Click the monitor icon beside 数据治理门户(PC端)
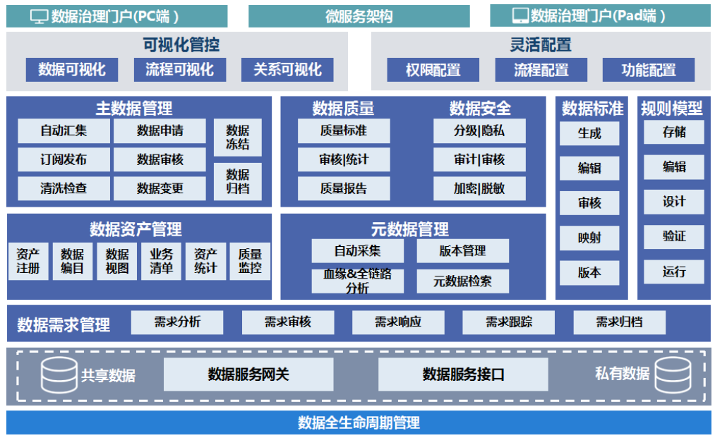tap(39, 16)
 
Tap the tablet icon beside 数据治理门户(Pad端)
tap(520, 16)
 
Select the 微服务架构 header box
tap(359, 16)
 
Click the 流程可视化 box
tap(179, 69)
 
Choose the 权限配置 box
tap(433, 70)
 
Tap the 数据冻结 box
tap(237, 138)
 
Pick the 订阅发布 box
tap(64, 159)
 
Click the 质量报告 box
tap(344, 188)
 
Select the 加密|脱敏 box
tap(479, 188)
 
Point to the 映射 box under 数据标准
tap(589, 238)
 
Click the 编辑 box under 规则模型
tap(673, 167)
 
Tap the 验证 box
tap(673, 237)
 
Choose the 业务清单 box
tap(161, 261)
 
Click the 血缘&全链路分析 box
tap(358, 281)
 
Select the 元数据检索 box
tap(462, 281)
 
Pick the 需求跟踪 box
tap(508, 322)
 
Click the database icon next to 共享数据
tap(59, 375)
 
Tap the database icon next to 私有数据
tap(672, 375)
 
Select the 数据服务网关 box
tap(248, 375)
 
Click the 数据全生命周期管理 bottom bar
tap(359, 422)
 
